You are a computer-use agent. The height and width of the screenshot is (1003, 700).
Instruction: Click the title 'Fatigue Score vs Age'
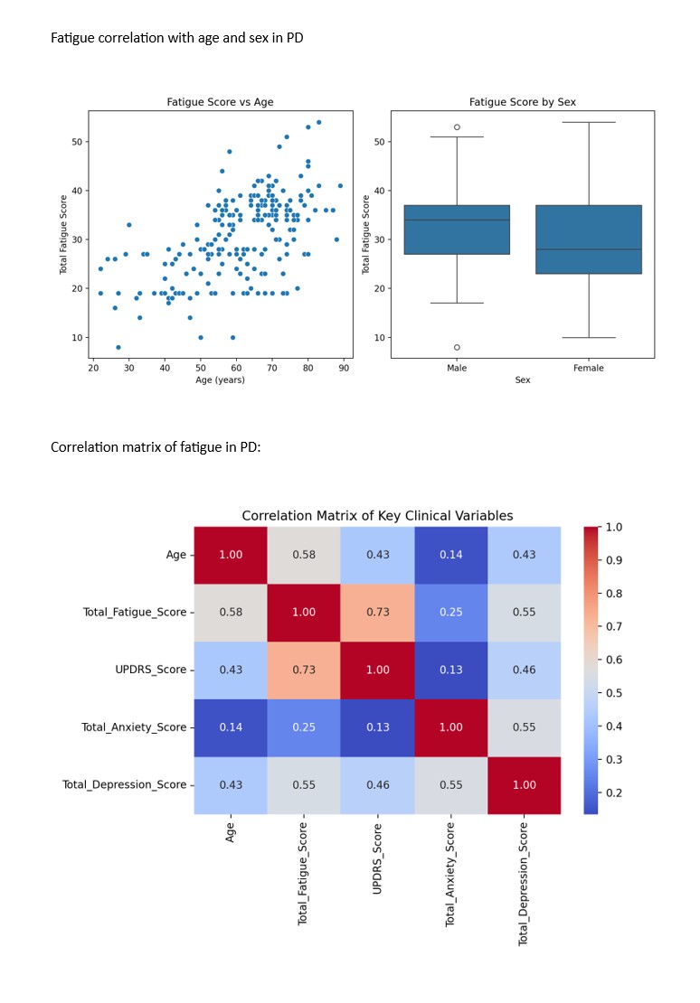[220, 102]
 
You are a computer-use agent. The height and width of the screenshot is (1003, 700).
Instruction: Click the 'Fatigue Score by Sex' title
[522, 102]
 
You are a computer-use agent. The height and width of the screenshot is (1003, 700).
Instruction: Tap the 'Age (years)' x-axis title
[220, 380]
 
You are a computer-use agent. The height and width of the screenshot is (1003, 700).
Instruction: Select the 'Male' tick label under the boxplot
[457, 369]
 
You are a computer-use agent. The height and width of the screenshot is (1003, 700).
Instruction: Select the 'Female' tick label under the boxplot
[589, 369]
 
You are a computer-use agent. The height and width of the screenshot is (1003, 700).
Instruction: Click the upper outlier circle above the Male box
[457, 127]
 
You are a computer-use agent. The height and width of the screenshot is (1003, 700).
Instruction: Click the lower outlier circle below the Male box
[457, 347]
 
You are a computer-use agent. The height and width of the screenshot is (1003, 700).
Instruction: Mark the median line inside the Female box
[589, 249]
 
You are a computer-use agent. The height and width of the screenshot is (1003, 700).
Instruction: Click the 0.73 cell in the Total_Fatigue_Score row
[378, 612]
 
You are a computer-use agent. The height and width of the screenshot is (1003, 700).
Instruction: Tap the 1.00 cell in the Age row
[231, 555]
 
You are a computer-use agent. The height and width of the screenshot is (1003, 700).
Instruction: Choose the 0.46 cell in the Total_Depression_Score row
[378, 784]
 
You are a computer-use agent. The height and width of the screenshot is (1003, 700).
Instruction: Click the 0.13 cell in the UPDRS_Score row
[452, 670]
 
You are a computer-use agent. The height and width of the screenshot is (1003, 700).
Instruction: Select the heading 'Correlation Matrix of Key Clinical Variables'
[377, 516]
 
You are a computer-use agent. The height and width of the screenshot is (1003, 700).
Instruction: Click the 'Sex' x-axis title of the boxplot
[522, 380]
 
